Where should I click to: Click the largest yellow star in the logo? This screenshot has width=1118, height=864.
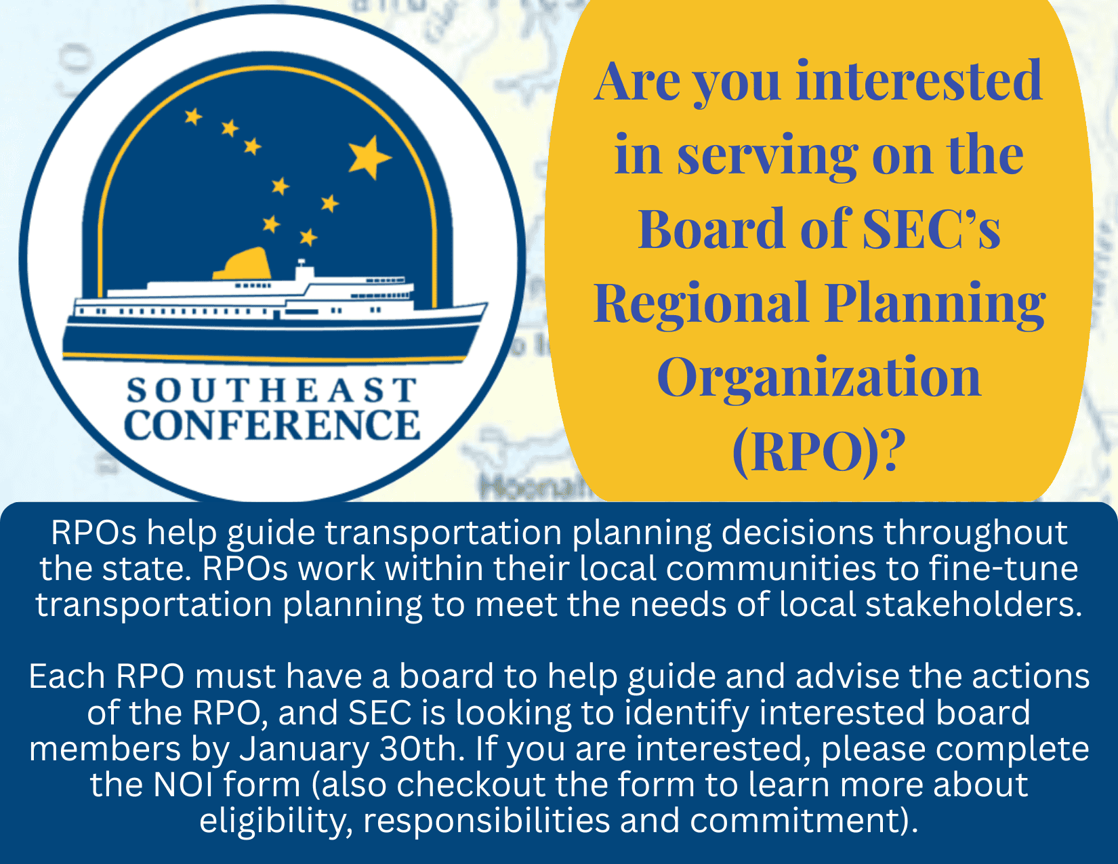pos(369,157)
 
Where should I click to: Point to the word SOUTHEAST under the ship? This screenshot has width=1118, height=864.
pos(272,390)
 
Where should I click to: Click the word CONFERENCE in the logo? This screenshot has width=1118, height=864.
pos(272,425)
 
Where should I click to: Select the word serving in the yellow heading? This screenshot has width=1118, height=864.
pos(767,157)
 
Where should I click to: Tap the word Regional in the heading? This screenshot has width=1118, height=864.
pos(701,305)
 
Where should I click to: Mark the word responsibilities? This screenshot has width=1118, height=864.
pos(486,821)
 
